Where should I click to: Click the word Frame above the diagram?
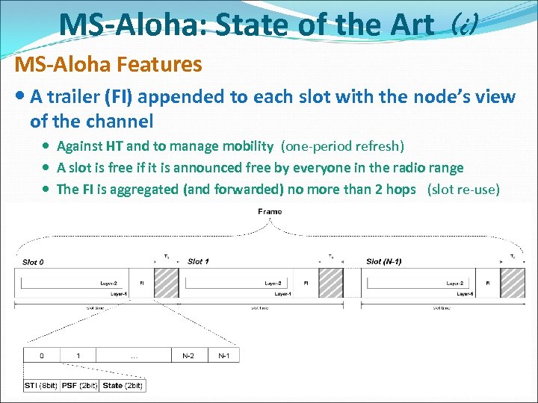[270, 212]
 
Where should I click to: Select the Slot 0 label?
[33, 262]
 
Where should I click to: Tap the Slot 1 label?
[197, 262]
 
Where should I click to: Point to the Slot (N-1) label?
[383, 262]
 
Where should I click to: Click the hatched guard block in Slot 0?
[166, 283]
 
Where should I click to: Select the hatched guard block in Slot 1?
[331, 283]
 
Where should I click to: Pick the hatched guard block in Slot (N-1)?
[513, 283]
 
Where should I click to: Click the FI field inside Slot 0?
[142, 284]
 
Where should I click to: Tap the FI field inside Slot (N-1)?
[488, 284]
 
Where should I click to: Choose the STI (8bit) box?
[40, 385]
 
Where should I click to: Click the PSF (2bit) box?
[80, 385]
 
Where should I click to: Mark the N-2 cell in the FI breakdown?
[189, 356]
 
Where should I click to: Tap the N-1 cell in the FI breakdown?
[223, 356]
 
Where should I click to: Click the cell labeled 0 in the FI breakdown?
[41, 356]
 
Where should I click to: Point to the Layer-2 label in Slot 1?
[273, 284]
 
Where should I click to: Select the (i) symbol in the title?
[464, 27]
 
